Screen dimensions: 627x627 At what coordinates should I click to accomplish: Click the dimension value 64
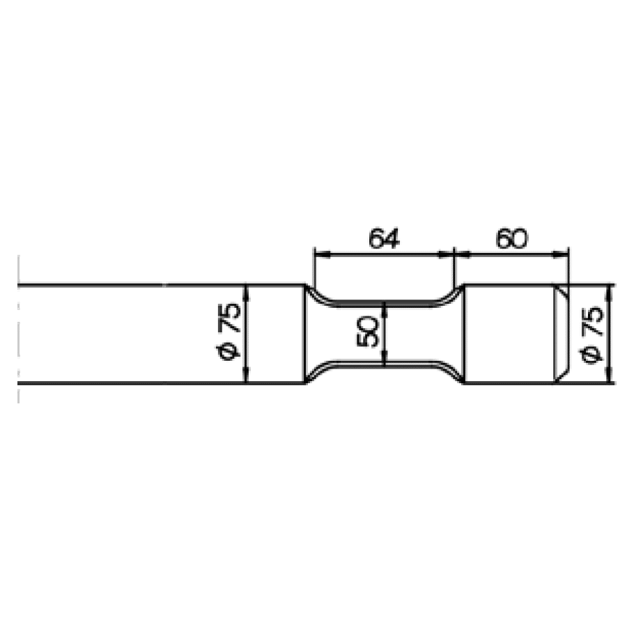[x=384, y=239]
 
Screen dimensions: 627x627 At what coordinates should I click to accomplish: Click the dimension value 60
[x=512, y=239]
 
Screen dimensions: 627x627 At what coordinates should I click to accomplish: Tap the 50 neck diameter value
[x=368, y=332]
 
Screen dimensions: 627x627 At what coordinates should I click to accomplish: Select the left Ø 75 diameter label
[x=229, y=332]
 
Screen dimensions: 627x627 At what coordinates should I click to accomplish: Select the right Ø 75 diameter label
[x=591, y=335]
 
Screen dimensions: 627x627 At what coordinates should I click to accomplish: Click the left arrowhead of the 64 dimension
[x=323, y=254]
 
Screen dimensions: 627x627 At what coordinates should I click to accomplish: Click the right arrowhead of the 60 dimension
[x=561, y=254]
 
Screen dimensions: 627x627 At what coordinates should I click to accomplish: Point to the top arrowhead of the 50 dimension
[x=385, y=309]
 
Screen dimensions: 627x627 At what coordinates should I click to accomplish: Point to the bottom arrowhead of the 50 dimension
[x=385, y=358]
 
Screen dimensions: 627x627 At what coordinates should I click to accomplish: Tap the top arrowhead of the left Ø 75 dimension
[x=246, y=293]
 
